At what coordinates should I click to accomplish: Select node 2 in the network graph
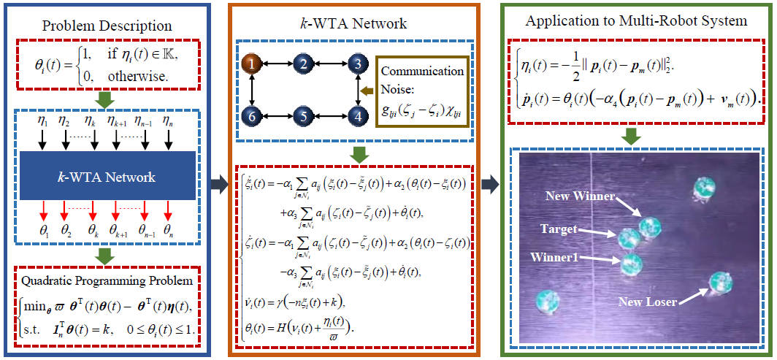(x=302, y=65)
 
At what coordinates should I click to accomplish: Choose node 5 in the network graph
(x=302, y=115)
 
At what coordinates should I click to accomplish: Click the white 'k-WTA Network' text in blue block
(x=107, y=177)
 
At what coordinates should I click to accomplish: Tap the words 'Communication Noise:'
(x=421, y=78)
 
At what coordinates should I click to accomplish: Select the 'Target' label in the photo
(x=557, y=229)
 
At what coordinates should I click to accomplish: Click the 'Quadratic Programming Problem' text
(x=107, y=280)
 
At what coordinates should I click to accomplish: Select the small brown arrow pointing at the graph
(x=367, y=91)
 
